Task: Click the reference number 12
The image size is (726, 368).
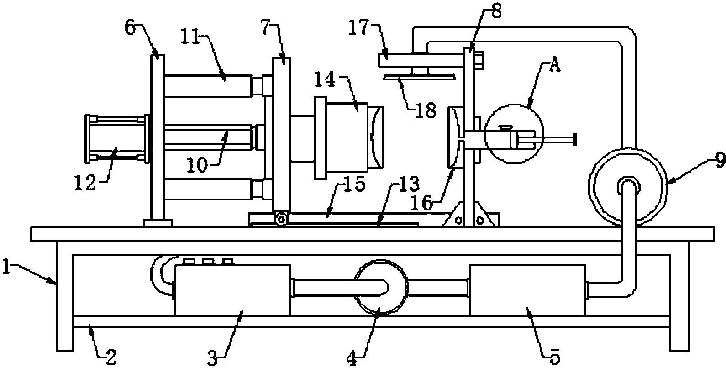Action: click(85, 182)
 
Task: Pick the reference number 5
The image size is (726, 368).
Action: click(555, 357)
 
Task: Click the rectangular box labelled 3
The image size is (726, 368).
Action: click(233, 289)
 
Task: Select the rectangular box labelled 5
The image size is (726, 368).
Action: click(528, 290)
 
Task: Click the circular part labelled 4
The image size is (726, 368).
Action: click(381, 287)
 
